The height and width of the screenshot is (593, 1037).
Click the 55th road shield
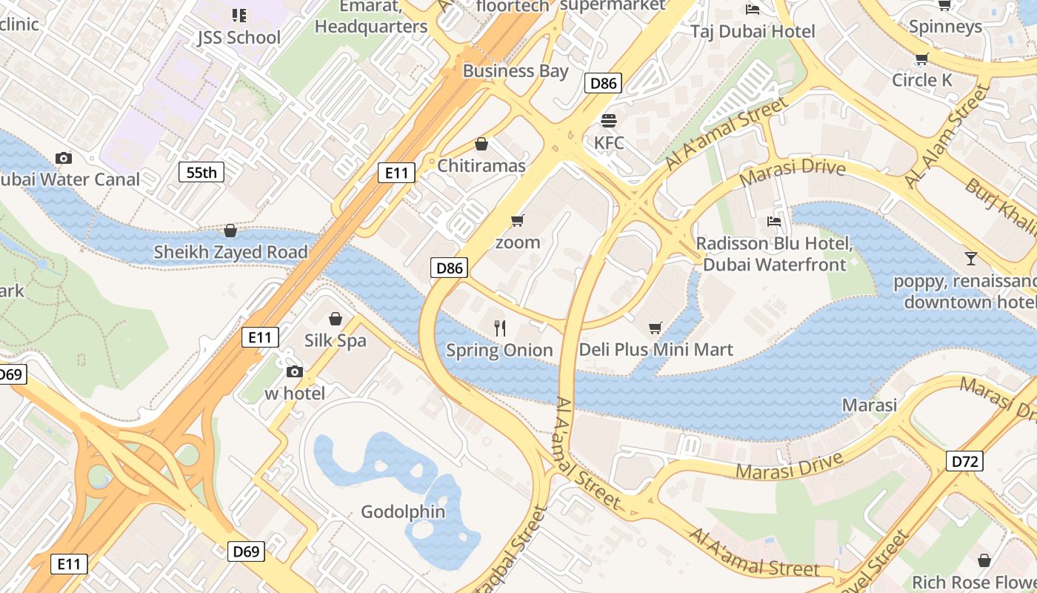pyautogui.click(x=201, y=173)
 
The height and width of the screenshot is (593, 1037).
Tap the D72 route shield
pyautogui.click(x=965, y=462)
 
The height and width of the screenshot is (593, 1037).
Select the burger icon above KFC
pyautogui.click(x=609, y=120)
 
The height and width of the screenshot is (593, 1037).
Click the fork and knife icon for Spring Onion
pyautogui.click(x=500, y=328)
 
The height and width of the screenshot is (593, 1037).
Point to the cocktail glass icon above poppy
pyautogui.click(x=970, y=258)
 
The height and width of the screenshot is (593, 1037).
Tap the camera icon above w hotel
pyautogui.click(x=294, y=371)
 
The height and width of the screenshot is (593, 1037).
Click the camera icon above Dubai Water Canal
pyautogui.click(x=64, y=158)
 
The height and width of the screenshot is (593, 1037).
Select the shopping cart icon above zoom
pyautogui.click(x=518, y=220)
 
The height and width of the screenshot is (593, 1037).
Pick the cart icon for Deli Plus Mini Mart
pyautogui.click(x=656, y=328)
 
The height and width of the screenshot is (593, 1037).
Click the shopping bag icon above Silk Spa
pyautogui.click(x=336, y=319)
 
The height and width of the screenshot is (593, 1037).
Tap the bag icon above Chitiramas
pyautogui.click(x=481, y=143)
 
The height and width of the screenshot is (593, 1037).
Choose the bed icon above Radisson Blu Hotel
pyautogui.click(x=774, y=221)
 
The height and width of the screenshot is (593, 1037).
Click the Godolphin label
pyautogui.click(x=403, y=511)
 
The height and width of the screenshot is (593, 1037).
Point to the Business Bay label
pyautogui.click(x=516, y=71)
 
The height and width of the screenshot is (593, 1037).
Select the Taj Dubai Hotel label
pyautogui.click(x=753, y=31)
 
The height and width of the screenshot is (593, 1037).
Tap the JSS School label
pyautogui.click(x=239, y=37)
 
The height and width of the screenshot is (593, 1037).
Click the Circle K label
pyautogui.click(x=922, y=80)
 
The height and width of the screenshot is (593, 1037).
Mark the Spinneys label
pyautogui.click(x=945, y=27)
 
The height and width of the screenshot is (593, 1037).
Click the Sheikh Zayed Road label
pyautogui.click(x=230, y=252)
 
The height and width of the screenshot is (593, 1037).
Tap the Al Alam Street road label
pyautogui.click(x=947, y=136)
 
